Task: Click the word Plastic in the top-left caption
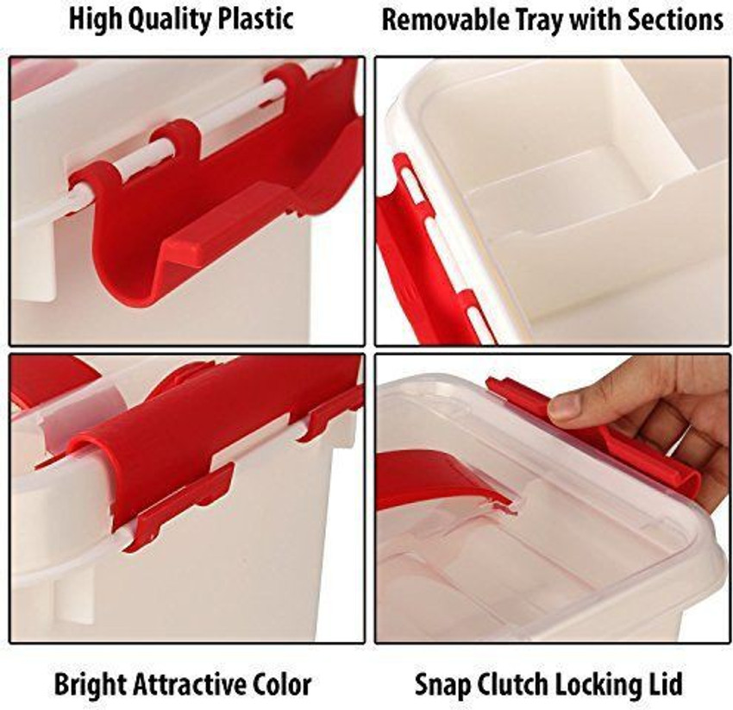point(251,19)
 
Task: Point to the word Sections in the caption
point(675,19)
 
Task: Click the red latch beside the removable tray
point(423,250)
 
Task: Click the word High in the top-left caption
point(95,19)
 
